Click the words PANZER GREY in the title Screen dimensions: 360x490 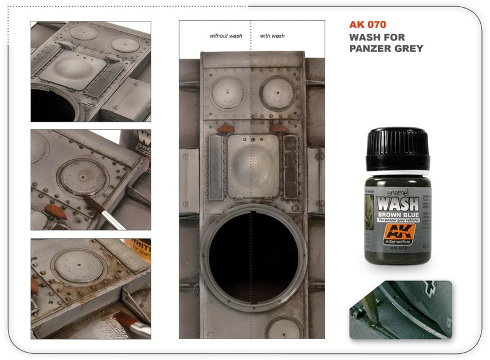(386, 49)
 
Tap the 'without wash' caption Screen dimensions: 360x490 (226, 36)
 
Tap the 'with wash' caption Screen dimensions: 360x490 (273, 36)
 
